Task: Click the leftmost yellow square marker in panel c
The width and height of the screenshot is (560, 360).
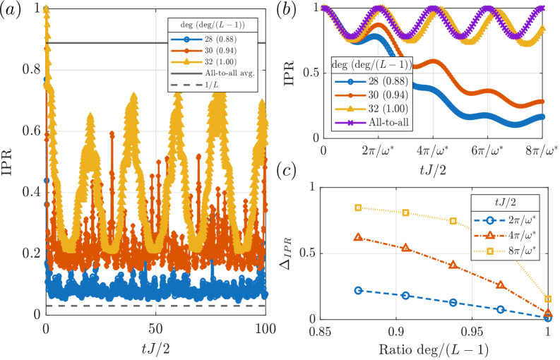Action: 358,208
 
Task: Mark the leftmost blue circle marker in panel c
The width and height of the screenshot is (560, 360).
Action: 358,290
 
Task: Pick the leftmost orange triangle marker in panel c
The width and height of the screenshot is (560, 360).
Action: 358,237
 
